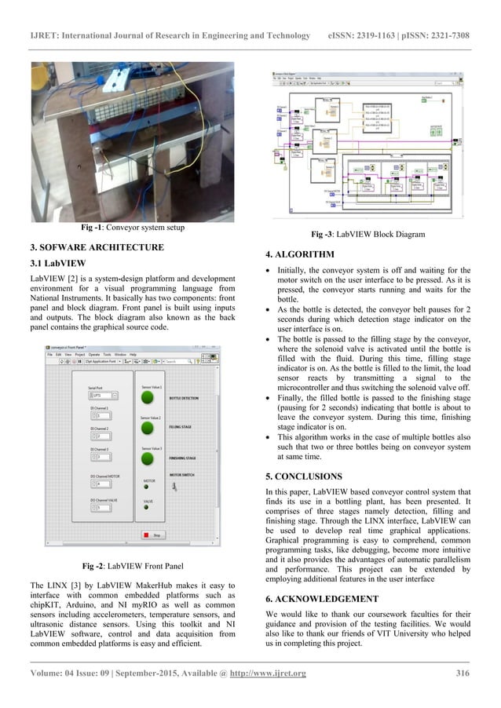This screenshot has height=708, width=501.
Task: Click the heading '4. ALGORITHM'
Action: tap(300, 254)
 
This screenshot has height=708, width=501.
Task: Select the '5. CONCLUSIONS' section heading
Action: tap(305, 476)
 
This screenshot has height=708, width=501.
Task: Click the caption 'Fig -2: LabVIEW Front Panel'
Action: tap(133, 566)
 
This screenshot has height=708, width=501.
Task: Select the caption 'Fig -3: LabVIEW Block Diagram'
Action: tap(368, 234)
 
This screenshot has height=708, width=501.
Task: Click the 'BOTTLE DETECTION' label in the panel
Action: tap(184, 399)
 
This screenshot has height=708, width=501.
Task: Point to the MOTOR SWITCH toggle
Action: tap(174, 487)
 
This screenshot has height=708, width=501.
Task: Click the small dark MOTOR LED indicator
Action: tap(147, 487)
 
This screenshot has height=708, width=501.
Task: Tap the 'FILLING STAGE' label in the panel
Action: tap(181, 428)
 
